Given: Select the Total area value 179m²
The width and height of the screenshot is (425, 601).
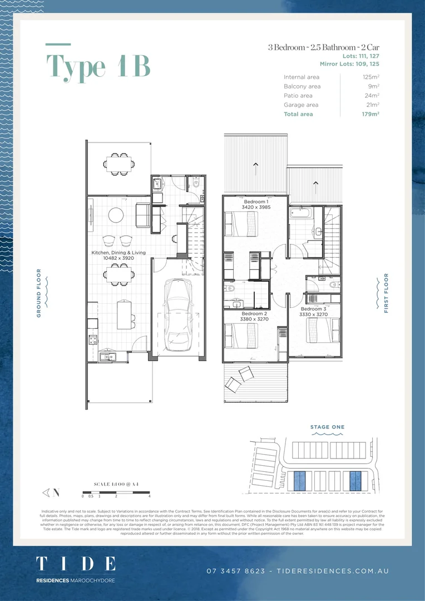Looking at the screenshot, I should coord(370,114).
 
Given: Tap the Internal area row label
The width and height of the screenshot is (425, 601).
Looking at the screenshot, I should coord(302,77).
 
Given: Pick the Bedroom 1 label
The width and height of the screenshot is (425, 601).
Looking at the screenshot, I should coord(255,201).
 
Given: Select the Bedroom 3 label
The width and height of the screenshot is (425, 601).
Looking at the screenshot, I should coord(312,309).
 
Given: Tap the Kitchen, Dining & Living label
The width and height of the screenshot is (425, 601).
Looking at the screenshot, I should coord(118,253).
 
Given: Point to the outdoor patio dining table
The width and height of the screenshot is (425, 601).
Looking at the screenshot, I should coord(118,162).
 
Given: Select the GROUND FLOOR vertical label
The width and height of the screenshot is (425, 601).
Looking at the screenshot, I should coord(39,293).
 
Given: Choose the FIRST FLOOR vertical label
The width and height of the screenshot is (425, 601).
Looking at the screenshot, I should coord(386,293).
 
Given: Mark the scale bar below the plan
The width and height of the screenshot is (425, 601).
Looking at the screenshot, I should coord(116,492).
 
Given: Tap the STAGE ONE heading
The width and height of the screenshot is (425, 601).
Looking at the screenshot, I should coord(327,427).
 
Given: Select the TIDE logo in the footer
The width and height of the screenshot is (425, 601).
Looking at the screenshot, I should coord(76,563).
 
